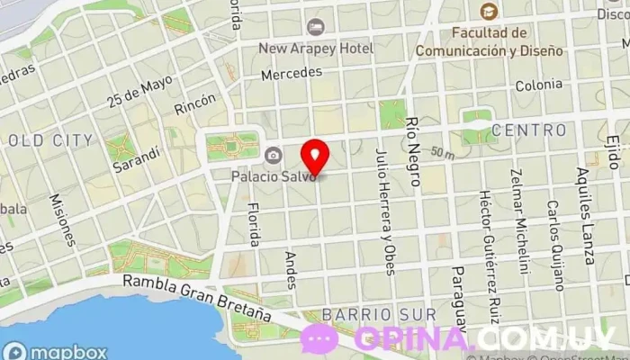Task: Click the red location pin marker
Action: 315,157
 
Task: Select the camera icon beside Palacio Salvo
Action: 273,156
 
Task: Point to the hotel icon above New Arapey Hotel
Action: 314,27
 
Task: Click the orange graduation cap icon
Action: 488,12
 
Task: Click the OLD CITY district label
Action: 49,140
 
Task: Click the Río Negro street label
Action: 413,150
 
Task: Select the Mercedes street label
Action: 291,74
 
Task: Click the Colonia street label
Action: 538,85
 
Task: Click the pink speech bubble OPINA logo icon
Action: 319,339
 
